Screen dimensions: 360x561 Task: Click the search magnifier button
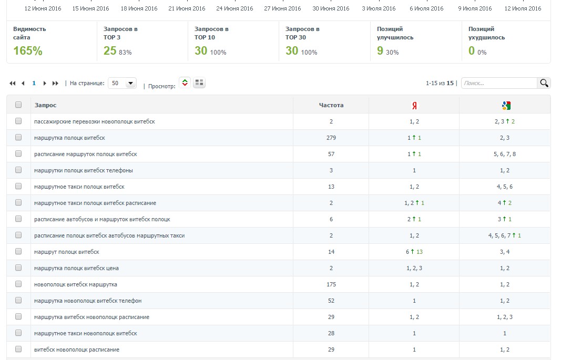click(544, 83)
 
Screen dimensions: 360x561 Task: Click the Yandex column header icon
click(414, 106)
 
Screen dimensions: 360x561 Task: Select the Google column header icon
click(506, 106)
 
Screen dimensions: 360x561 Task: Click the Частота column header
click(331, 105)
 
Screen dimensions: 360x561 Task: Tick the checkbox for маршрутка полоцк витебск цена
click(18, 268)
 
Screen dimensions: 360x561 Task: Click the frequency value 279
click(331, 138)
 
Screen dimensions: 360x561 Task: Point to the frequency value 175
click(331, 284)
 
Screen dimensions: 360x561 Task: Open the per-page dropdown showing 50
click(122, 83)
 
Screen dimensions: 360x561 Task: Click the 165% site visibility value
click(28, 51)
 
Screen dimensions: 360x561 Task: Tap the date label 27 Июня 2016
click(282, 8)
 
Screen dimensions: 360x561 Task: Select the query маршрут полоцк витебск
click(67, 252)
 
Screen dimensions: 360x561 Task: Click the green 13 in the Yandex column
click(420, 252)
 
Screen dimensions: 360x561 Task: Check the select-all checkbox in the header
click(18, 105)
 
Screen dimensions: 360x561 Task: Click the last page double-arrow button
click(56, 83)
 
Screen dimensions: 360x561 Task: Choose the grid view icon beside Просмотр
click(199, 83)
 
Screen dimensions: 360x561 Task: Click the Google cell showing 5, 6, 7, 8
click(505, 154)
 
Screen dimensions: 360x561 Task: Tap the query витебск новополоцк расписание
click(77, 349)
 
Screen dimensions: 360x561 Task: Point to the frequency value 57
click(331, 154)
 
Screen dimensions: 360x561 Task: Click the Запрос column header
click(46, 105)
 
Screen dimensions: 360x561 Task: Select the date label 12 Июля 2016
click(523, 8)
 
